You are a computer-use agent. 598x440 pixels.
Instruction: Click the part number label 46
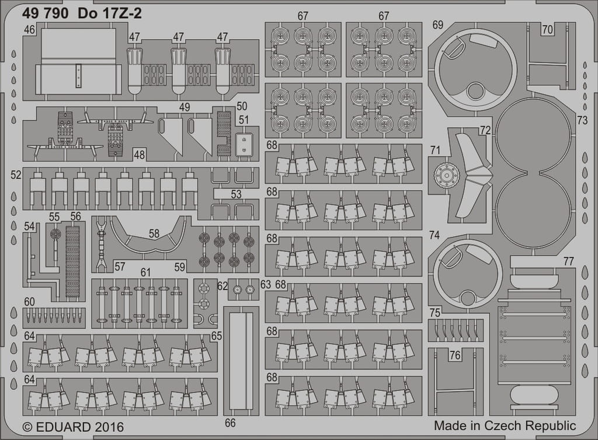pyautogui.click(x=29, y=30)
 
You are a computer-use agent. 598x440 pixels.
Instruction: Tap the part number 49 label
pyautogui.click(x=185, y=107)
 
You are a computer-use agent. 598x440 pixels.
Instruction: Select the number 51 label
pyautogui.click(x=244, y=120)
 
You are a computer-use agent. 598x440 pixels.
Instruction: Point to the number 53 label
pyautogui.click(x=236, y=194)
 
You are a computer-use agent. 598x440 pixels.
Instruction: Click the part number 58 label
pyautogui.click(x=154, y=233)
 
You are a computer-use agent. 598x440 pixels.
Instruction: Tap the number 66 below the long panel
pyautogui.click(x=230, y=423)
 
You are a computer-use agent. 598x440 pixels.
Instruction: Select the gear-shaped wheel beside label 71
pyautogui.click(x=446, y=176)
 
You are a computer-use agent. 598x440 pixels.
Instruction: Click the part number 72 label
pyautogui.click(x=485, y=131)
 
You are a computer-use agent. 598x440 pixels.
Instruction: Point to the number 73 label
pyautogui.click(x=582, y=120)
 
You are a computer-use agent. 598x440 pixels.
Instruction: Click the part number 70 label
pyautogui.click(x=547, y=29)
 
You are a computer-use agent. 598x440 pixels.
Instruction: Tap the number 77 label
pyautogui.click(x=568, y=261)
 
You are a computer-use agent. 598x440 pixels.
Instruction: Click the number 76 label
pyautogui.click(x=455, y=355)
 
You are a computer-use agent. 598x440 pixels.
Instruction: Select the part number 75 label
pyautogui.click(x=434, y=313)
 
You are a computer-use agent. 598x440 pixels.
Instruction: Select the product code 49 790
pyautogui.click(x=46, y=14)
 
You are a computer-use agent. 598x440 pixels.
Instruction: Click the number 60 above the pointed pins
pyautogui.click(x=29, y=302)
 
